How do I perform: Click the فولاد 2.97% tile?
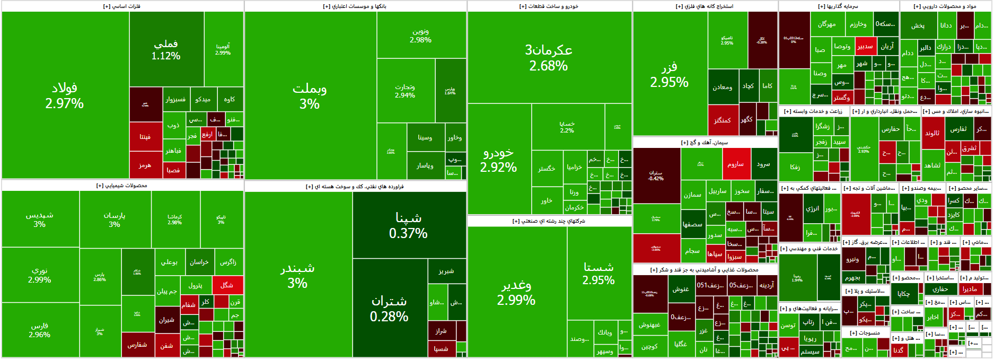[65, 95]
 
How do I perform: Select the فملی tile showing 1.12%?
[166, 49]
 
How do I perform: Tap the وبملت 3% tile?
[310, 95]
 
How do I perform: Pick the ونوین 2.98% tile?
[421, 35]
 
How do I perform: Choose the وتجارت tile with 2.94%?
[405, 91]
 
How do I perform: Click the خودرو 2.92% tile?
[498, 159]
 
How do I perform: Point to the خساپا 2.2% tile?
[567, 127]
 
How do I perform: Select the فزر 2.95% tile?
[670, 74]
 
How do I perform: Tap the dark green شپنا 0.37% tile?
[408, 225]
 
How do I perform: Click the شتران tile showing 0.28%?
[389, 308]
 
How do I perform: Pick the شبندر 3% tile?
[297, 276]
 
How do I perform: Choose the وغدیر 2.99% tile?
[516, 292]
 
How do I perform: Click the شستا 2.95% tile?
[599, 273]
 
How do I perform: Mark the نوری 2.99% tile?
[40, 275]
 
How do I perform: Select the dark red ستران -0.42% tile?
[656, 175]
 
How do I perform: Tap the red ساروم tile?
[735, 164]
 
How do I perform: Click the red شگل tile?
[227, 285]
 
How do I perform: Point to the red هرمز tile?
[145, 165]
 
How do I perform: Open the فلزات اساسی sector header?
[122, 6]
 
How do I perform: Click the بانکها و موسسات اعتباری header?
[355, 6]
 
